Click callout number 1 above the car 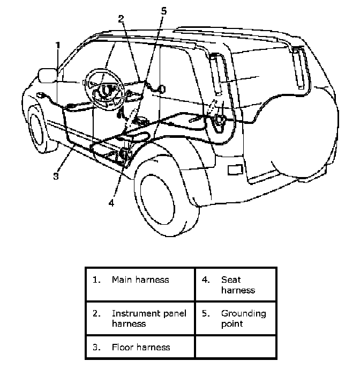pyautogui.click(x=58, y=45)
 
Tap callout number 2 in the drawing pyautogui.click(x=121, y=19)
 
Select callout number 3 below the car pyautogui.click(x=56, y=176)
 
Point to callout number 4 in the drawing pyautogui.click(x=111, y=203)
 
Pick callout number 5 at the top pyautogui.click(x=164, y=11)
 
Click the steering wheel pyautogui.click(x=104, y=89)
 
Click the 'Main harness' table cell pyautogui.click(x=140, y=284)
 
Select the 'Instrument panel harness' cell pyautogui.click(x=140, y=319)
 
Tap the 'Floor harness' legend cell pyautogui.click(x=140, y=347)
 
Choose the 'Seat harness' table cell pyautogui.click(x=236, y=284)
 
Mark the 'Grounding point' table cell pyautogui.click(x=236, y=319)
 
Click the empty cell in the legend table pyautogui.click(x=236, y=347)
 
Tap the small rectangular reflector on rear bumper pyautogui.click(x=235, y=170)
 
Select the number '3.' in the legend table pyautogui.click(x=96, y=347)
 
